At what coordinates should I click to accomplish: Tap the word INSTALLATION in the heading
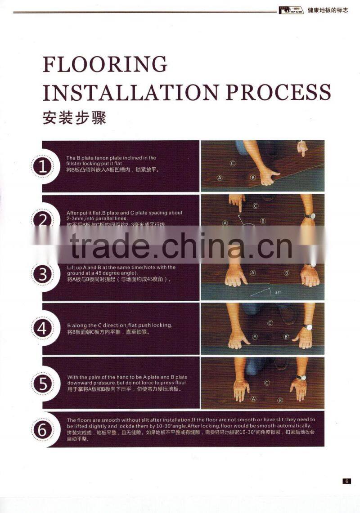point(130,92)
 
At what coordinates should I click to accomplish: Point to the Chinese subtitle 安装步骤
point(74,118)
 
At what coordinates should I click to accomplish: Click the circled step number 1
point(42,167)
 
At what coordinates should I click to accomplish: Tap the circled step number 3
point(42,274)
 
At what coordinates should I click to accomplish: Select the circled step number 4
point(42,328)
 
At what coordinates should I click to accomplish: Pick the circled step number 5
point(42,384)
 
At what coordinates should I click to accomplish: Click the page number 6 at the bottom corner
point(346,481)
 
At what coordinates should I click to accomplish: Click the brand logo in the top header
point(291,10)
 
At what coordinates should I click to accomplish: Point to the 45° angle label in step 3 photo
point(278,293)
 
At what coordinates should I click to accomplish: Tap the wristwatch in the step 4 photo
point(307,327)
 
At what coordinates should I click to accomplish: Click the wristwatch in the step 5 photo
point(301,377)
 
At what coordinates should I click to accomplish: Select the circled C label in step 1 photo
point(233,163)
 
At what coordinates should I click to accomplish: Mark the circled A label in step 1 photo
point(220,178)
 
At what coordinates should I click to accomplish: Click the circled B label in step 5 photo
point(280,400)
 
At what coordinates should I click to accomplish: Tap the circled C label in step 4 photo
point(270,323)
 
